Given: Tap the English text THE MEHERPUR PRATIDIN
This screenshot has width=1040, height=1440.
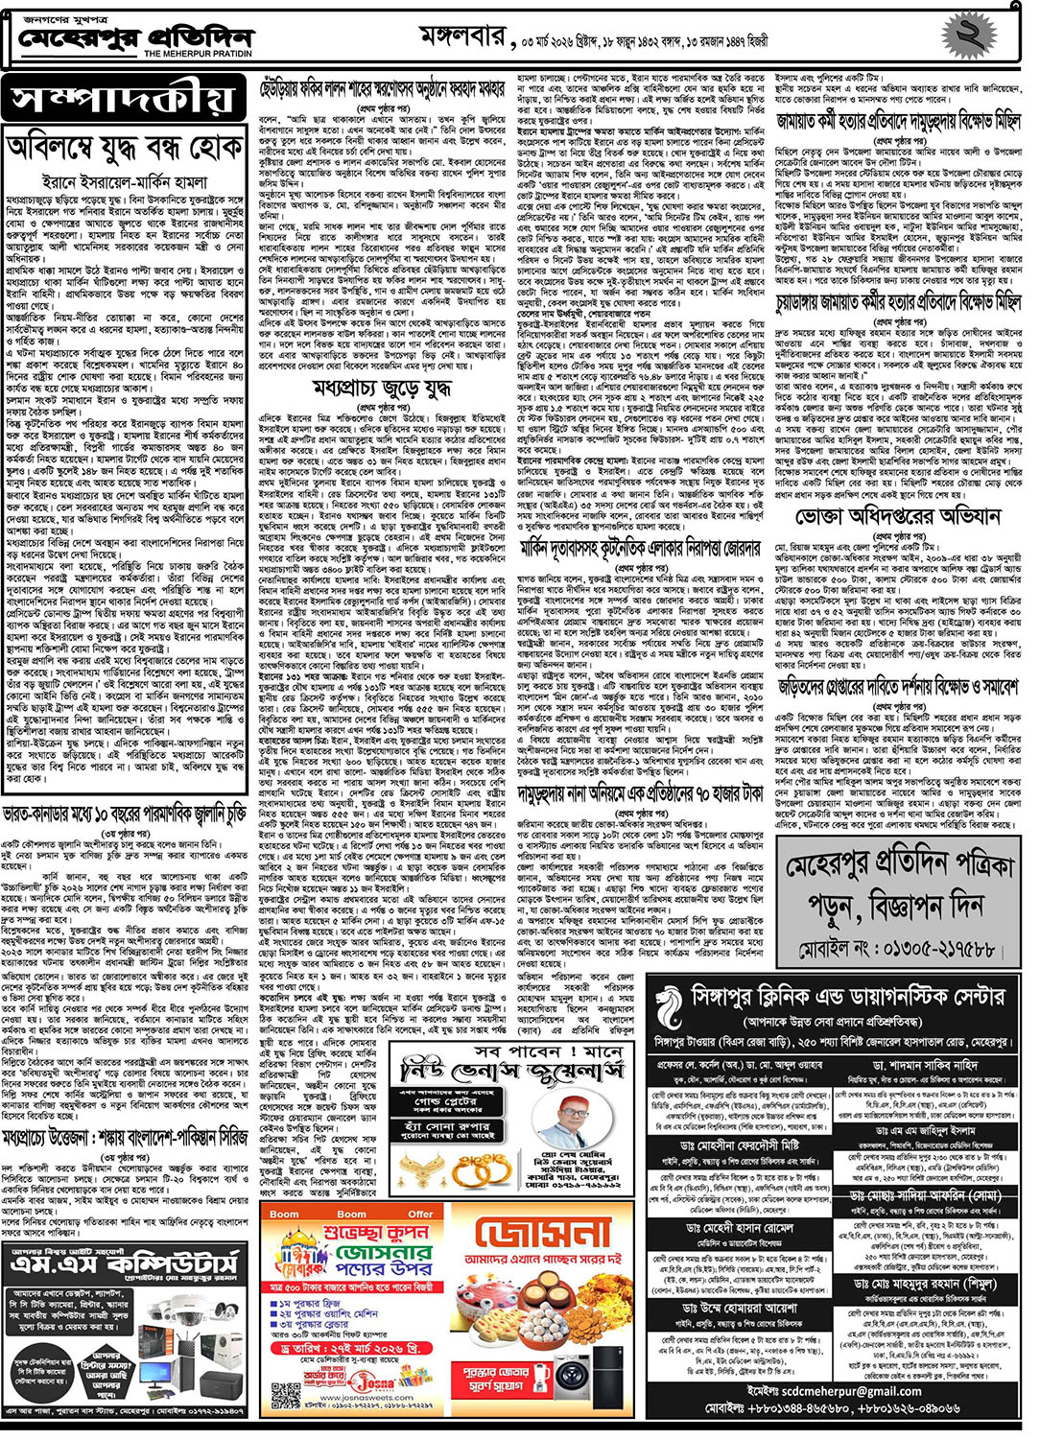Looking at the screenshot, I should click(x=198, y=55).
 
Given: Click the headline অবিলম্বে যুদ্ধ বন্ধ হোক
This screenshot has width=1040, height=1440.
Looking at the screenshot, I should click(x=125, y=149).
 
